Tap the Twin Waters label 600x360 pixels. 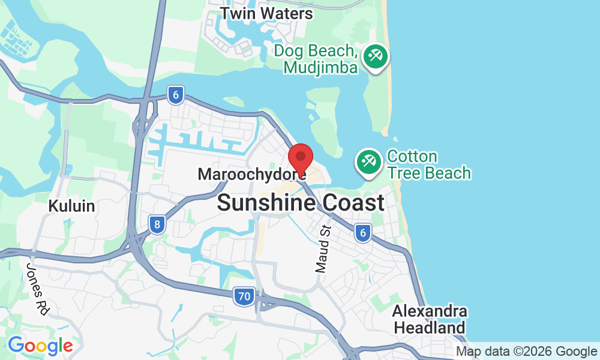[266, 13]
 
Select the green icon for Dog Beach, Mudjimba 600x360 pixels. [376, 58]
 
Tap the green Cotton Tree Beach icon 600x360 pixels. [368, 162]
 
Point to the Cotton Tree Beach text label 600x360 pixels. [428, 165]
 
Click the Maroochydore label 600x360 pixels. [251, 175]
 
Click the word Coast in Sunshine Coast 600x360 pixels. [353, 203]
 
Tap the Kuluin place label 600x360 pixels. [71, 206]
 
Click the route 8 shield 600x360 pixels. [157, 225]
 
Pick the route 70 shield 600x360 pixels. [244, 296]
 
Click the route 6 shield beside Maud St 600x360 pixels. [362, 233]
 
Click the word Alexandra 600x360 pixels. [430, 312]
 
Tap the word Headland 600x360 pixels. [430, 328]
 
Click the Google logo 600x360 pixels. [40, 346]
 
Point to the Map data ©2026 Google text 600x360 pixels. [526, 352]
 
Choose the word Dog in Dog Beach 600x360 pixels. [287, 50]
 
